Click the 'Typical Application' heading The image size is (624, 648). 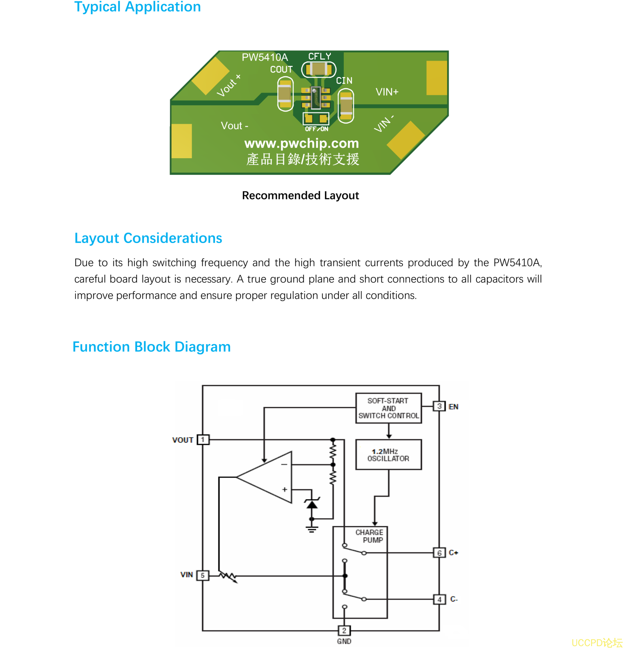pos(137,7)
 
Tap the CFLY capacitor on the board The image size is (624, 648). pos(319,69)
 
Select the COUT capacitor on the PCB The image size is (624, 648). pos(285,94)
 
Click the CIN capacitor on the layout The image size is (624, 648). pos(346,106)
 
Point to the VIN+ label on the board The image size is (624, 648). pos(387,92)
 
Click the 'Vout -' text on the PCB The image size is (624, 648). pos(234,126)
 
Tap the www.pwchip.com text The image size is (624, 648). pos(301,143)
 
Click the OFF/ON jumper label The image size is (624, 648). pos(316,129)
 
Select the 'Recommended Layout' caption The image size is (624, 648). pos(300,195)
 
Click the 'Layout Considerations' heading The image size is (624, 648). pos(148,238)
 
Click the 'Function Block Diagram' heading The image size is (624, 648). pos(151,347)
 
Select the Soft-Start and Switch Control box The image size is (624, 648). pos(388,408)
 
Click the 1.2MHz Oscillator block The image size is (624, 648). pos(388,454)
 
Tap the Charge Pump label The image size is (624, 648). pos(369,536)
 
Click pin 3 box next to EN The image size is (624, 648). pos(439,406)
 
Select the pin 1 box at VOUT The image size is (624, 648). pos(203,440)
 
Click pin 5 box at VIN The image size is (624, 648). pos(202,575)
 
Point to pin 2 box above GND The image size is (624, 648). pos(344,631)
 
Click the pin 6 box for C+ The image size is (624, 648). pos(439,553)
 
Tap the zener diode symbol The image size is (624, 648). pos(312,504)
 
